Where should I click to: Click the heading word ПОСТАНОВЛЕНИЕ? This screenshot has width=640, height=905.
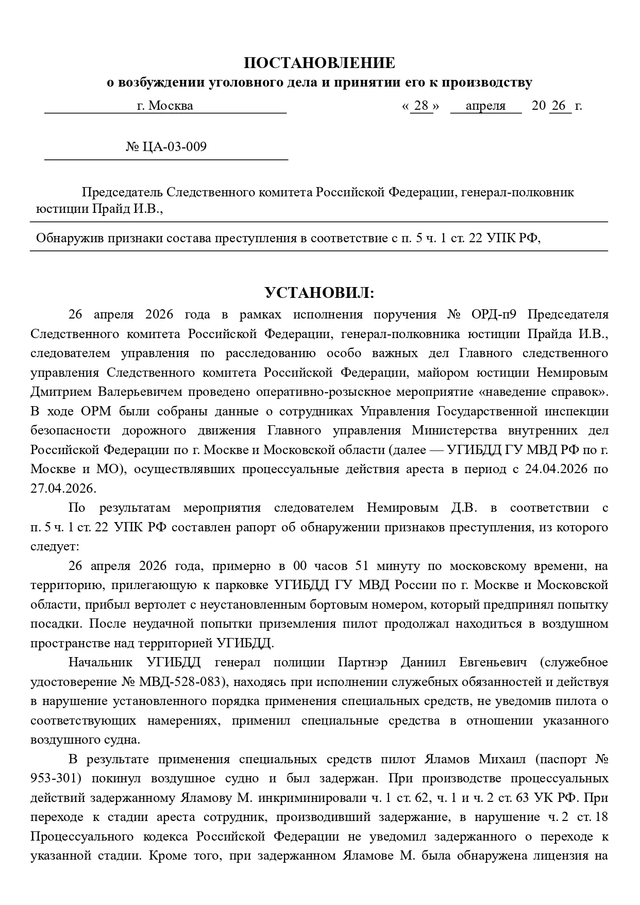(x=319, y=63)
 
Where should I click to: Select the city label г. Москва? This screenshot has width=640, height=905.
(x=165, y=106)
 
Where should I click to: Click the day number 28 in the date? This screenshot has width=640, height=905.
(x=421, y=106)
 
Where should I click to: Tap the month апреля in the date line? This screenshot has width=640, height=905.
(x=485, y=106)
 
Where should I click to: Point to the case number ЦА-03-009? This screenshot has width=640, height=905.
(x=173, y=147)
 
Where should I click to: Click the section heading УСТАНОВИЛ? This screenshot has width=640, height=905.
(x=319, y=293)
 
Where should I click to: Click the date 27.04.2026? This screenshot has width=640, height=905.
(x=63, y=489)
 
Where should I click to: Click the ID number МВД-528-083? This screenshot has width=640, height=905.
(x=182, y=682)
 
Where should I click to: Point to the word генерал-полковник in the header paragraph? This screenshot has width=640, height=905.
(x=517, y=192)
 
